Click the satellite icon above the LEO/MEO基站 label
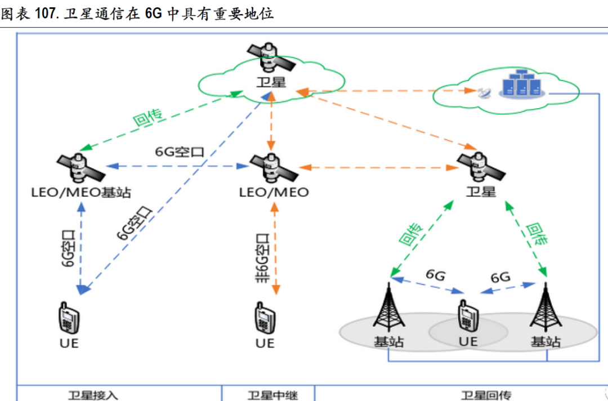click(x=79, y=166)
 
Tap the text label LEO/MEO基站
click(x=81, y=193)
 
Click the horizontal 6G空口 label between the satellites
click(x=179, y=152)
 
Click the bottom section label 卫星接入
click(x=93, y=395)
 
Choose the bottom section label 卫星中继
click(x=269, y=395)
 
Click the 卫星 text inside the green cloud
click(x=271, y=83)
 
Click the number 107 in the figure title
click(x=47, y=14)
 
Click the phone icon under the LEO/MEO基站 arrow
click(x=68, y=319)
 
